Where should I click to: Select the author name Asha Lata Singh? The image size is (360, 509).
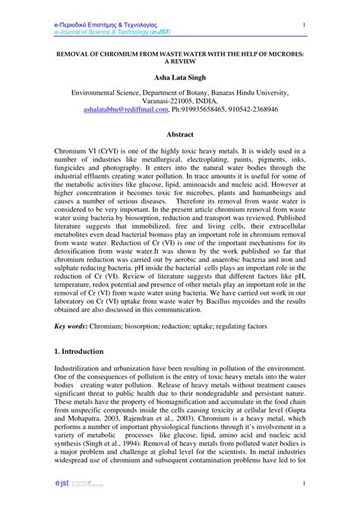tap(180, 77)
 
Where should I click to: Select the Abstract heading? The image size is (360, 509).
tap(180, 134)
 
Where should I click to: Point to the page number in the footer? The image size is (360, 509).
tap(303, 483)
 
